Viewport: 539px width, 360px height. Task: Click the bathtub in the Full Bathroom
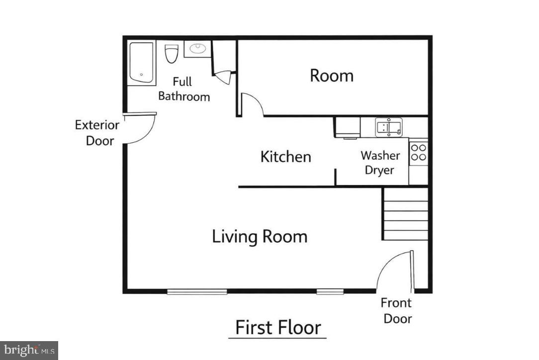pos(142,62)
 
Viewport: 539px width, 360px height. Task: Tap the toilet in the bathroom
pos(172,53)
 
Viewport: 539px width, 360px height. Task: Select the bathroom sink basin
pos(198,49)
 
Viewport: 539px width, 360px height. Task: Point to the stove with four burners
pos(419,152)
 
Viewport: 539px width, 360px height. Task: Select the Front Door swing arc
pos(392,271)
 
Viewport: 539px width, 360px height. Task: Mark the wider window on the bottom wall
pos(197,291)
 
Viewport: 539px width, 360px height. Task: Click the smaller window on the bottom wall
pos(330,291)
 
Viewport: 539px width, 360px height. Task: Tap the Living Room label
pos(260,236)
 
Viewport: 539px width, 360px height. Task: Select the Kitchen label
pos(285,157)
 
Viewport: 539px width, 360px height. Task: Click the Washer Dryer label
pos(380,163)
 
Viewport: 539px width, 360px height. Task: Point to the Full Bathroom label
pos(183,89)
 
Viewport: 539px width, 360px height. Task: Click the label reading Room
pos(332,76)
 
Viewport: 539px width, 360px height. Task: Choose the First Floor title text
pos(278,328)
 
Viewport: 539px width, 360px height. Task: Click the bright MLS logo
pos(29,350)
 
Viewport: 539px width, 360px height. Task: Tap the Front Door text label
pos(396,310)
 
